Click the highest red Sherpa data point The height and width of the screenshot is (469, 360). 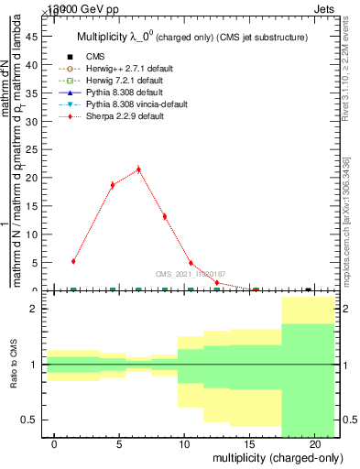point(138,169)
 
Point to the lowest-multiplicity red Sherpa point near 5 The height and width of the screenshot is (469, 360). point(73,261)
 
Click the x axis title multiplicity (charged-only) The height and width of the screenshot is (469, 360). point(278,457)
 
